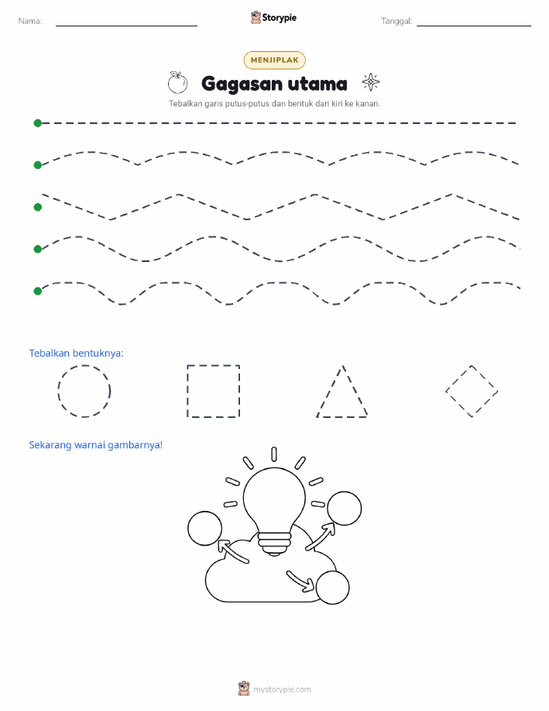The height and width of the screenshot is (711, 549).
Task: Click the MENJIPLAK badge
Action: click(x=274, y=60)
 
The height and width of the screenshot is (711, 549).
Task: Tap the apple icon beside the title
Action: click(x=177, y=82)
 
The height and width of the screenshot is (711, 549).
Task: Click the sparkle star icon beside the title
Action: click(x=371, y=82)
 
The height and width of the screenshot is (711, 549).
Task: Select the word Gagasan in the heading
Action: click(x=242, y=85)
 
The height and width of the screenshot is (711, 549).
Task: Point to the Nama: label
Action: click(x=30, y=21)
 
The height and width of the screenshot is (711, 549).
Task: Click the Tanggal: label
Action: click(x=396, y=21)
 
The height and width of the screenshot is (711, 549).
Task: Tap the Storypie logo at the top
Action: click(x=273, y=18)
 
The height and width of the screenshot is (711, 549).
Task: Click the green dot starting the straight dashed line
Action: click(x=38, y=123)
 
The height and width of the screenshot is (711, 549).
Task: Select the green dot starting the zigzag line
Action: click(x=38, y=207)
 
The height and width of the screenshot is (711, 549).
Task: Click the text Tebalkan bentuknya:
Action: click(x=76, y=354)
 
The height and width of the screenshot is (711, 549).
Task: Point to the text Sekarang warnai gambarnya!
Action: click(x=95, y=445)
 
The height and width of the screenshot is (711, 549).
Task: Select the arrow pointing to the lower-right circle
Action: click(x=300, y=581)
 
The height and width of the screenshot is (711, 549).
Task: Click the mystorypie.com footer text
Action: click(x=282, y=689)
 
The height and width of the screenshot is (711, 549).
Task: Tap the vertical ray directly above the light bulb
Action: click(x=274, y=454)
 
